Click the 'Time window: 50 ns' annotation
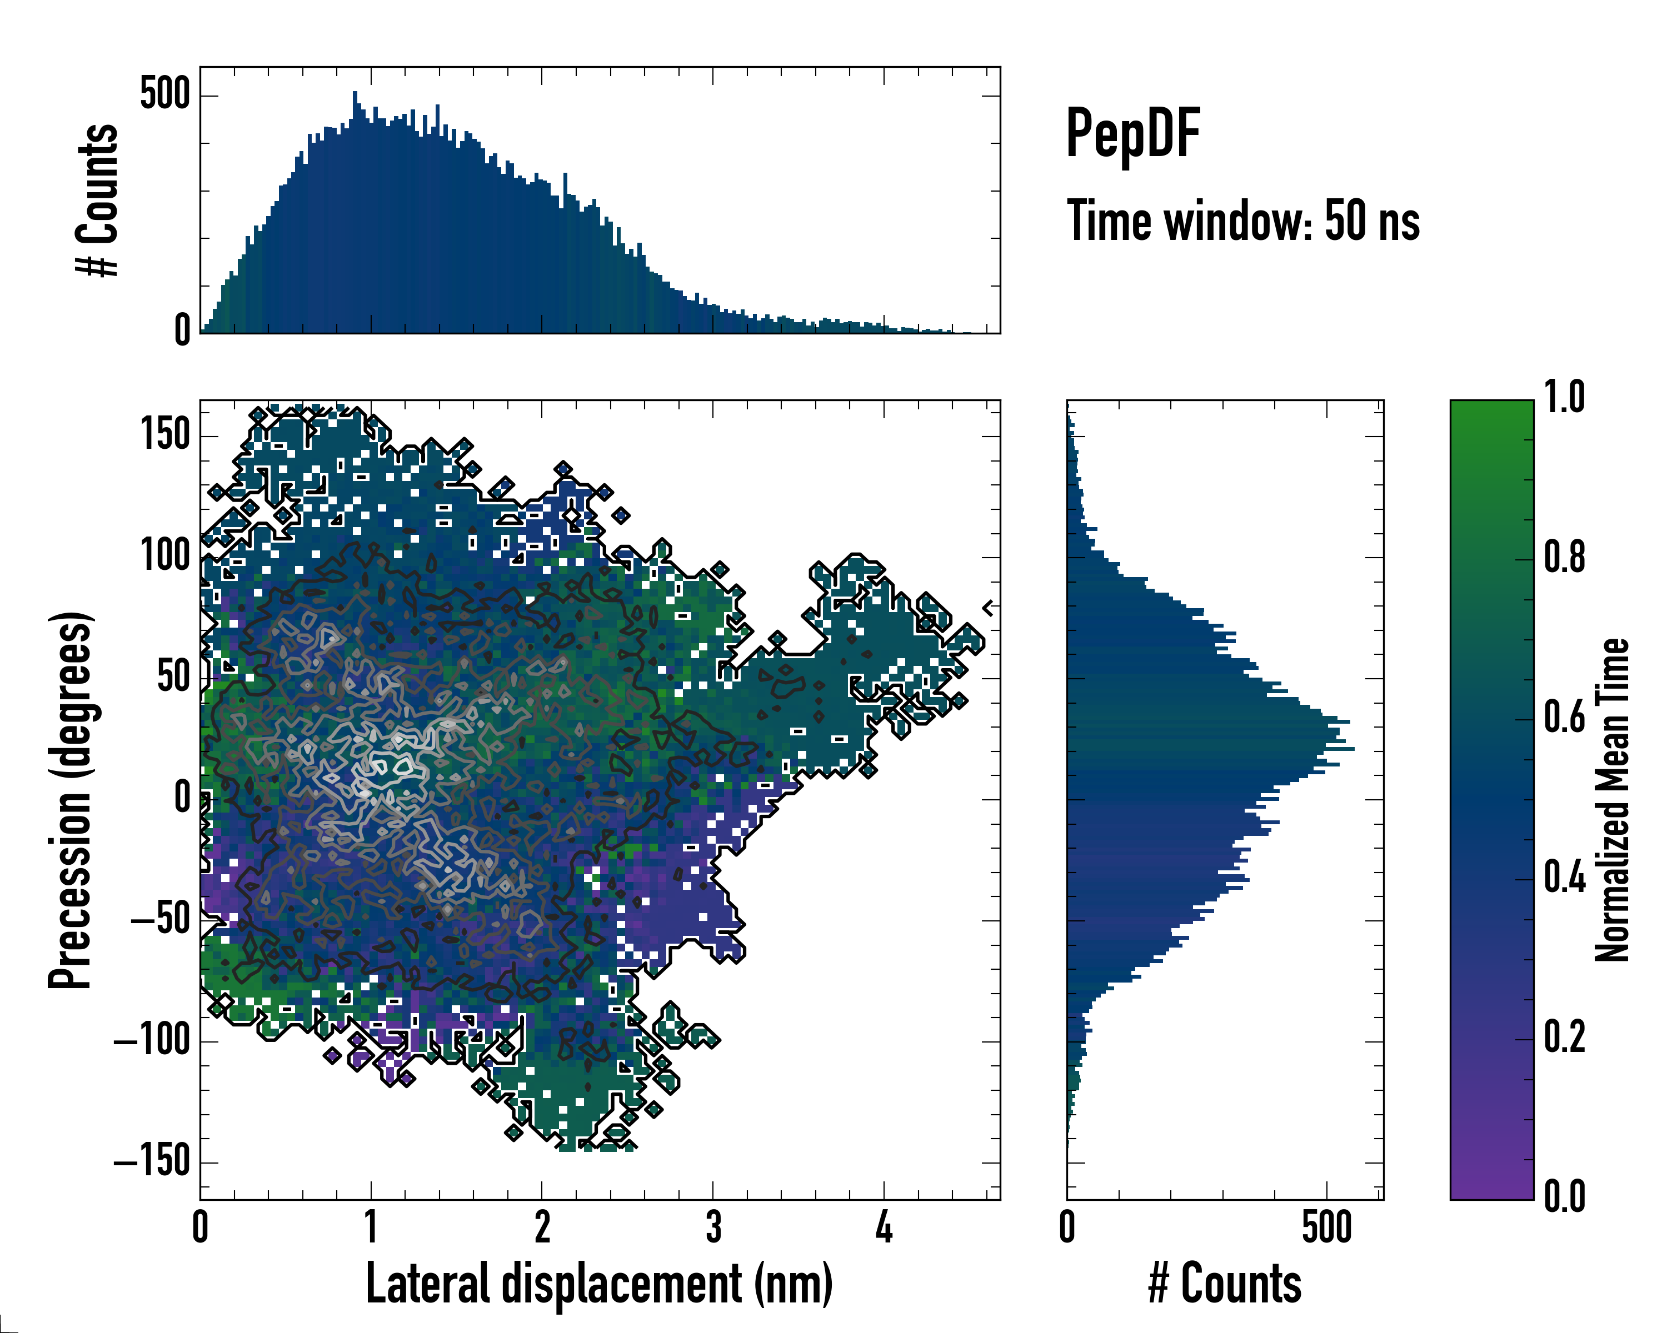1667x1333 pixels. [1242, 221]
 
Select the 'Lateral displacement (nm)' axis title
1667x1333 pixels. [598, 1284]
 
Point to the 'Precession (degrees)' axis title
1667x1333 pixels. [71, 799]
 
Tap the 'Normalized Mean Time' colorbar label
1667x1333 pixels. [1611, 799]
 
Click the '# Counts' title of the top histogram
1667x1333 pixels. [97, 199]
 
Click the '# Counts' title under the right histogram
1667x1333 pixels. [1224, 1284]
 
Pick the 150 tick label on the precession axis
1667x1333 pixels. [166, 434]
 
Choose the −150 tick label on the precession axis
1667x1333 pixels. [152, 1161]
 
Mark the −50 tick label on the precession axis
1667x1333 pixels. [160, 920]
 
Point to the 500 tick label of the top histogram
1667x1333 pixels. [166, 94]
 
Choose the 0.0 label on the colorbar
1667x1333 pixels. [1564, 1196]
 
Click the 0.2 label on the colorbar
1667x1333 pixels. [1564, 1037]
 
